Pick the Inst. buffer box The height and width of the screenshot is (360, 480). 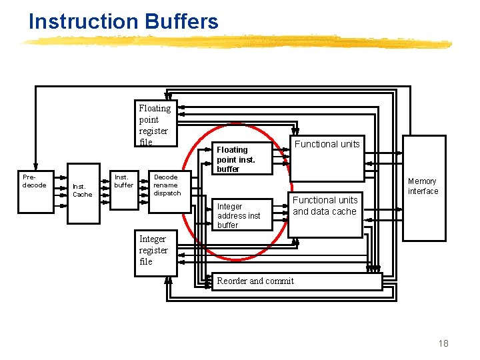pyautogui.click(x=123, y=189)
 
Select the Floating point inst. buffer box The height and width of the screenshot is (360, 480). pyautogui.click(x=241, y=159)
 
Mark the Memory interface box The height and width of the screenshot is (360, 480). pyautogui.click(x=423, y=189)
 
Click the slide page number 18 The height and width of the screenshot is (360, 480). pyautogui.click(x=443, y=343)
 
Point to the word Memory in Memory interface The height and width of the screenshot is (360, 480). pyautogui.click(x=422, y=181)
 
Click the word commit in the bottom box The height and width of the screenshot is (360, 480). pyautogui.click(x=279, y=281)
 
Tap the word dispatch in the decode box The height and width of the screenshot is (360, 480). pyautogui.click(x=167, y=193)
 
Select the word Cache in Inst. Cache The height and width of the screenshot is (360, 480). pyautogui.click(x=83, y=195)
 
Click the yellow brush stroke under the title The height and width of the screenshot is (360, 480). pyautogui.click(x=233, y=42)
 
